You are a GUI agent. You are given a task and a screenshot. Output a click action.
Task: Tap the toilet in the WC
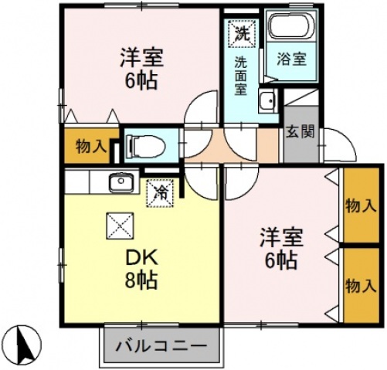[146, 146]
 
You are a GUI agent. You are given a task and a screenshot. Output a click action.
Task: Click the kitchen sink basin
[121, 182]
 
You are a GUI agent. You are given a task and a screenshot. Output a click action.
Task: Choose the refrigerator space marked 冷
[161, 193]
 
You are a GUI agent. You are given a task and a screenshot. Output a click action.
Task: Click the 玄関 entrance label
[300, 133]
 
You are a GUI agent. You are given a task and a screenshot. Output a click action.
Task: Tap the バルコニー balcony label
[161, 346]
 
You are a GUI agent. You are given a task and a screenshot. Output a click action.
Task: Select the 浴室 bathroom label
[291, 59]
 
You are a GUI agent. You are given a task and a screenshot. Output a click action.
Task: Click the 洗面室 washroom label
[241, 76]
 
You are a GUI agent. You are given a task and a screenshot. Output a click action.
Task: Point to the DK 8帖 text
[141, 269]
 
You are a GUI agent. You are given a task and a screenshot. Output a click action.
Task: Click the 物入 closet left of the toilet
[89, 145]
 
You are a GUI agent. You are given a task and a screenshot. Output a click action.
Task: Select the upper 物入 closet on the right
[362, 205]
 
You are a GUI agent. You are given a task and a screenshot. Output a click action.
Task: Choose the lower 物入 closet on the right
[362, 285]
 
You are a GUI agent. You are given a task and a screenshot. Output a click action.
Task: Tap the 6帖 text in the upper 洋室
[141, 80]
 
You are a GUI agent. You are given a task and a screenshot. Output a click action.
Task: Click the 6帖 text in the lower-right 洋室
[281, 260]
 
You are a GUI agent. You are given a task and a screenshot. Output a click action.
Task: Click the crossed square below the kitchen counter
[120, 226]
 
